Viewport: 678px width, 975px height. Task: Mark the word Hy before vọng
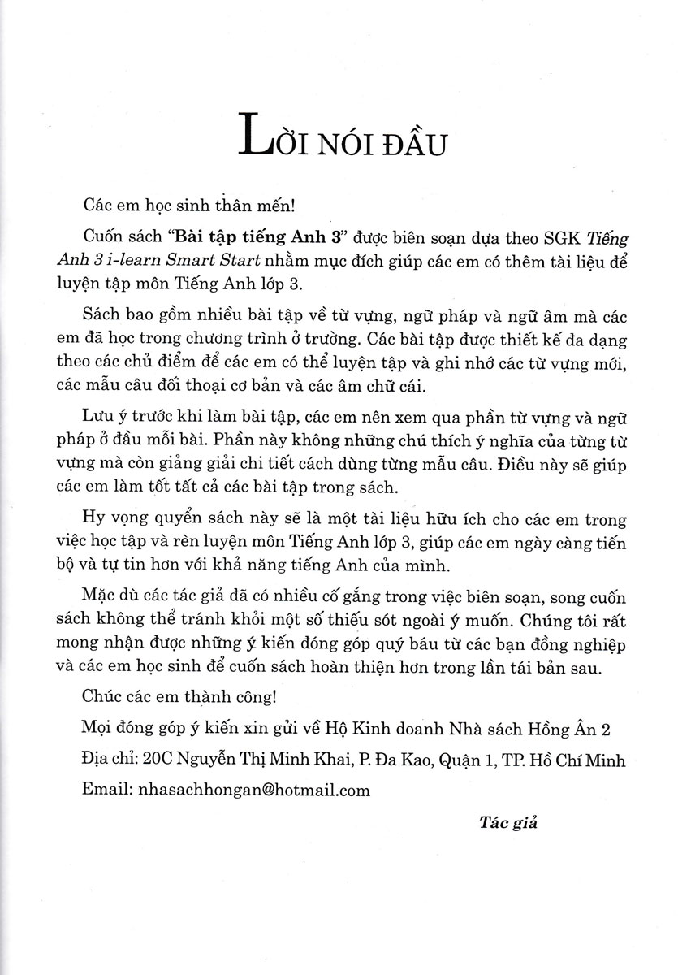(100, 519)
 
